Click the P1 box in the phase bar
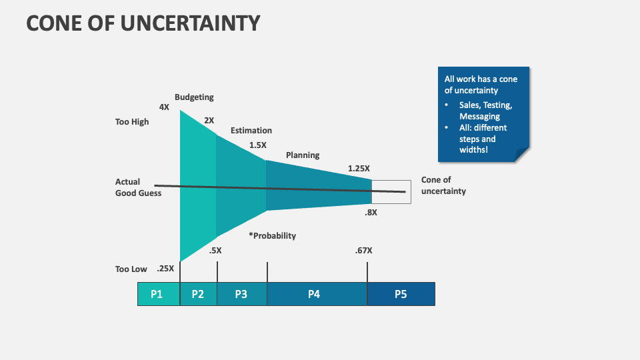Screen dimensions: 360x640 (158, 294)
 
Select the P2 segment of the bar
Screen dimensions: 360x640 (198, 294)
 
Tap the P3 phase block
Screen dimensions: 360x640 (241, 294)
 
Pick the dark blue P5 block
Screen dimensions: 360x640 (401, 294)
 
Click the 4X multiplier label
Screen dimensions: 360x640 (164, 107)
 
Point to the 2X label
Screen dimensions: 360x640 (209, 121)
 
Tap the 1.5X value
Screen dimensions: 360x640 (258, 145)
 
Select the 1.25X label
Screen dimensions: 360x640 (359, 169)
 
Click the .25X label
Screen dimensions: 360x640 (165, 269)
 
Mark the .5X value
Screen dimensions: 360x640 (215, 251)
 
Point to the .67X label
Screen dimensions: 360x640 (364, 251)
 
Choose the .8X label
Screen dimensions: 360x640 (371, 213)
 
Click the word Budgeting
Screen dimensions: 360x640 (194, 97)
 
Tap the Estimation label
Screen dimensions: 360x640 (251, 131)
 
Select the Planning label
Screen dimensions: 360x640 (303, 155)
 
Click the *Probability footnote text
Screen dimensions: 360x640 (272, 236)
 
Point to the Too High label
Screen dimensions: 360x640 (132, 122)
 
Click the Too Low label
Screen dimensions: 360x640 (131, 269)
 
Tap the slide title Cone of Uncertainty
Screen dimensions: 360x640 (143, 23)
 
